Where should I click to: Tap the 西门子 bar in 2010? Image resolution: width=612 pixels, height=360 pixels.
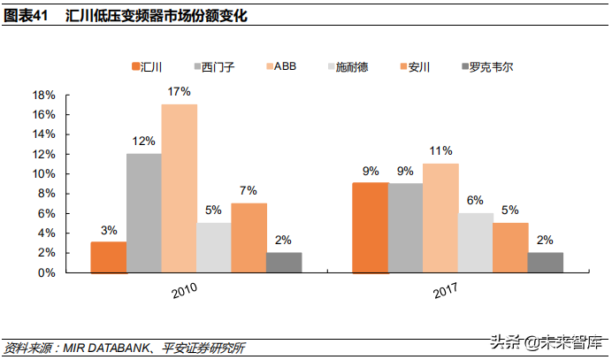click(143, 213)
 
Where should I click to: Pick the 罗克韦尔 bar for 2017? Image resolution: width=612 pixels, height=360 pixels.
click(545, 263)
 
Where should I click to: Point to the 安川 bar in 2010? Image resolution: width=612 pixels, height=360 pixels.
click(249, 238)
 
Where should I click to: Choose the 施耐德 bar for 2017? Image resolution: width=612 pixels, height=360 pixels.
click(475, 242)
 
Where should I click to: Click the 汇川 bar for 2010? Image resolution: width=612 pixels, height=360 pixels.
click(109, 257)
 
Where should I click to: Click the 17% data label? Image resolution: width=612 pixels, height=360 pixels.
click(179, 91)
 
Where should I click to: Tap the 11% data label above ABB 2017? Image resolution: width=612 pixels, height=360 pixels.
click(440, 150)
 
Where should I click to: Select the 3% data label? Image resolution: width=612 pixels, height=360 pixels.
click(109, 230)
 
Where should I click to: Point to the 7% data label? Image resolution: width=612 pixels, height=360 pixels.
click(249, 190)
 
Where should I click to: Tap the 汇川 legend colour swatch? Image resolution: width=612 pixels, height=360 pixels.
click(134, 66)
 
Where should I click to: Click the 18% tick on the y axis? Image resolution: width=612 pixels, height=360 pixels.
click(44, 95)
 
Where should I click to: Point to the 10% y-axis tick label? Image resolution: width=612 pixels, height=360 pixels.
click(44, 174)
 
